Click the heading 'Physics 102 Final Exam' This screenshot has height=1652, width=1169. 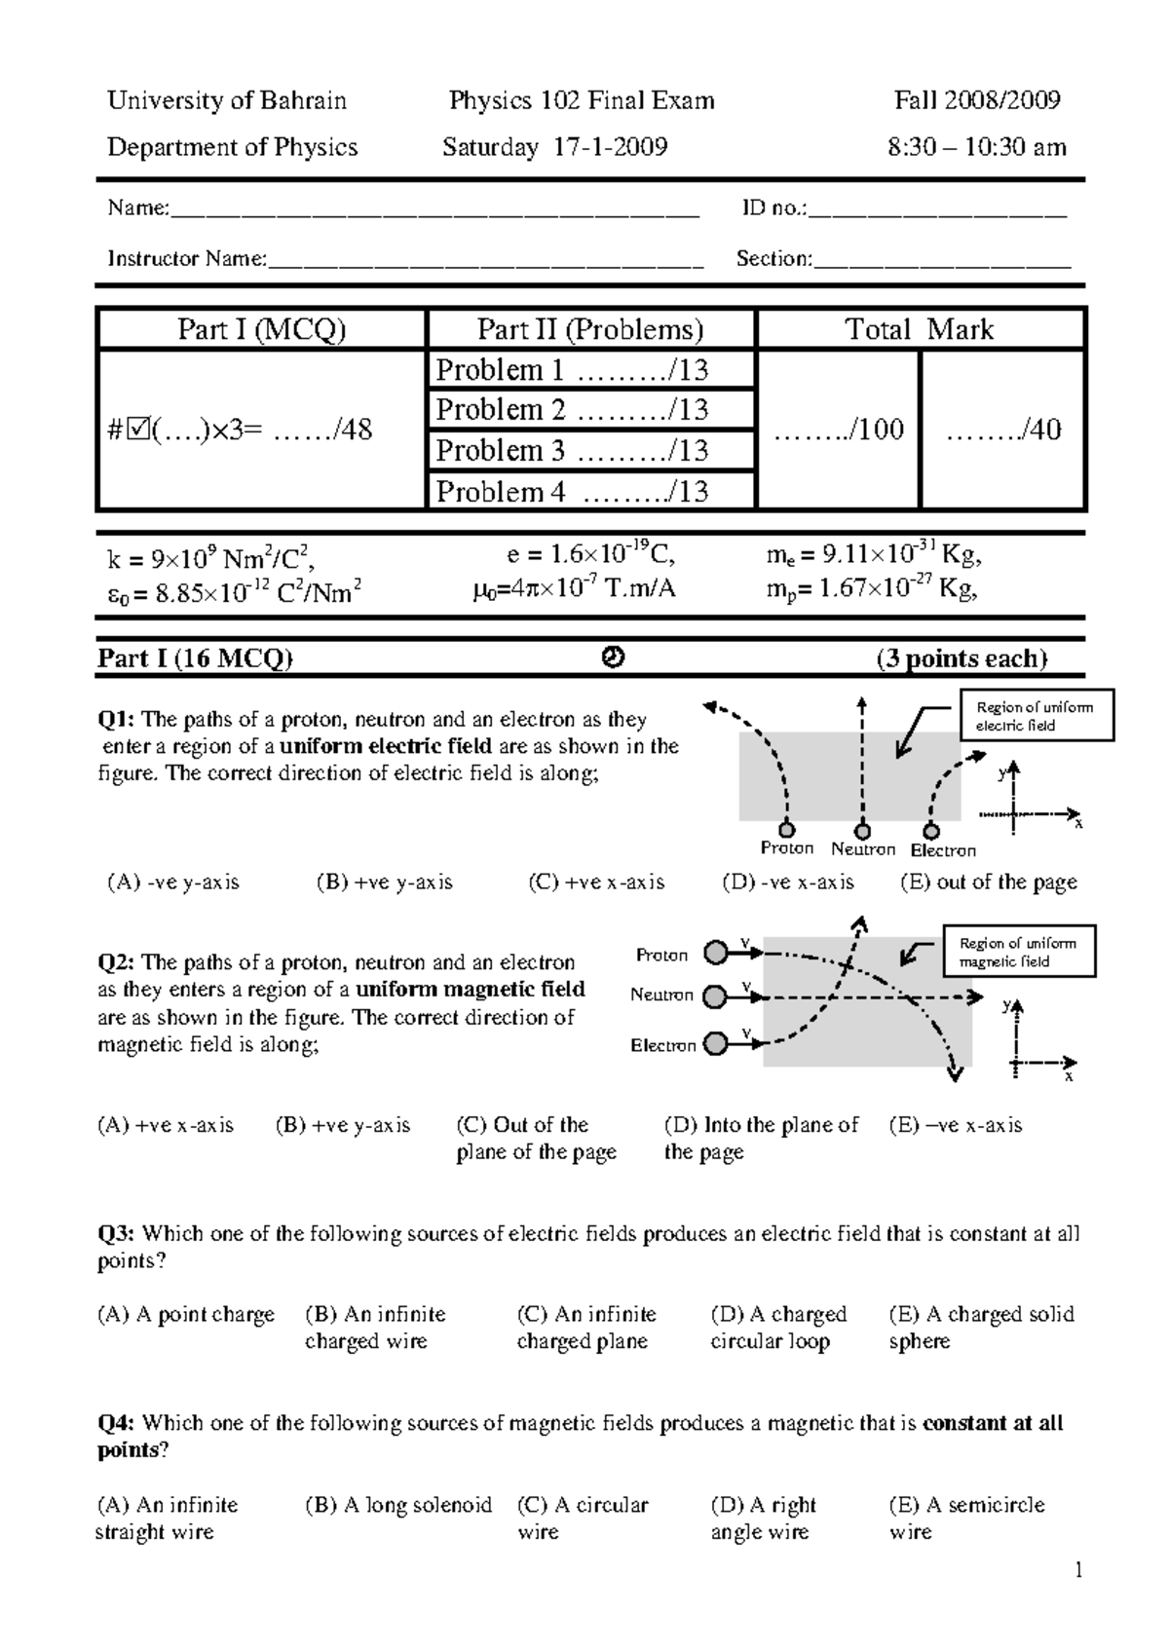point(582,100)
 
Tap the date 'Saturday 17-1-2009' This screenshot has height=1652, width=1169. point(554,147)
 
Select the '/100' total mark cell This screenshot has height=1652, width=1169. point(839,430)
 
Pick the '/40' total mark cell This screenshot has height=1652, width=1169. point(1003,430)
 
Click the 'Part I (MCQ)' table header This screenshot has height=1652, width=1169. point(261,329)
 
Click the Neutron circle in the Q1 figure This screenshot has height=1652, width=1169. point(862,831)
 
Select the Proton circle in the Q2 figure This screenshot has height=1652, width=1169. point(716,953)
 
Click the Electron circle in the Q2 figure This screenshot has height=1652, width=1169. point(716,1044)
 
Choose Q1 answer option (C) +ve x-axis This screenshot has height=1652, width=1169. point(596,882)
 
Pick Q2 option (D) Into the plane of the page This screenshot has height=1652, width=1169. point(761,1138)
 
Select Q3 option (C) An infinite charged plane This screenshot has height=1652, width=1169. point(585,1327)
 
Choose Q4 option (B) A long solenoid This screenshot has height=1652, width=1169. point(398,1505)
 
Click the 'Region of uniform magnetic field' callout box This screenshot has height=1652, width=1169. point(1019,952)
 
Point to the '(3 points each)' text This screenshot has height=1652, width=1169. point(961,659)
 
